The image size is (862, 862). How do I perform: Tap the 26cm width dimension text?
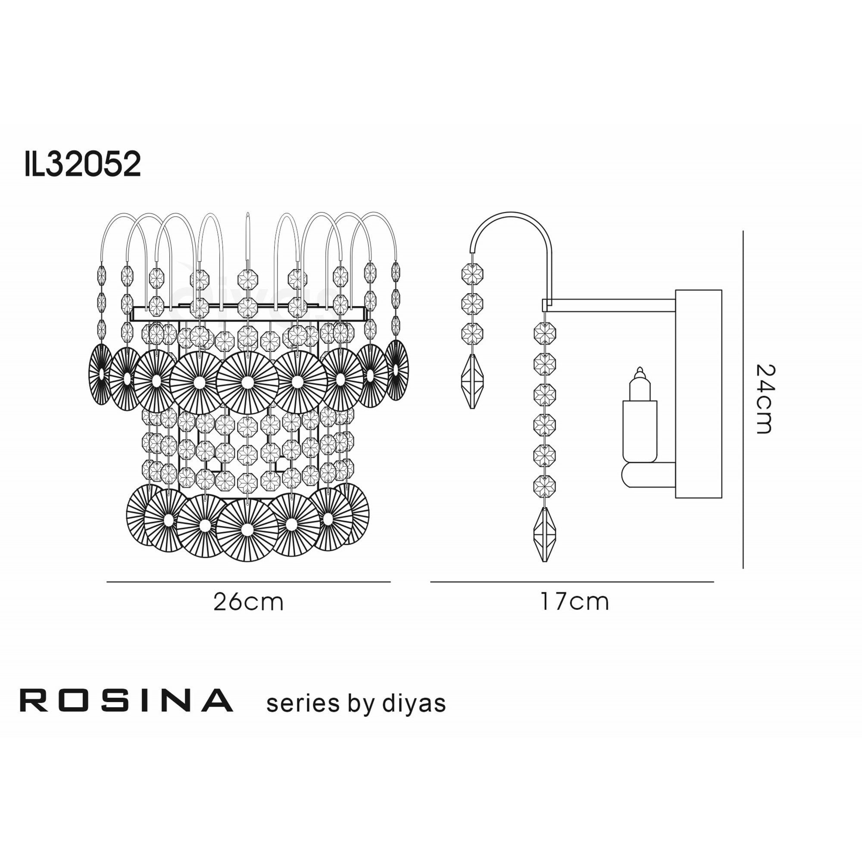[248, 602]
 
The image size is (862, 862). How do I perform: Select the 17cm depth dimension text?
[574, 601]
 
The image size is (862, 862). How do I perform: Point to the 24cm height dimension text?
[765, 400]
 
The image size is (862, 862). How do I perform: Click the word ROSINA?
[126, 700]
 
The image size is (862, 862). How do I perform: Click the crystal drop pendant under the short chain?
[472, 381]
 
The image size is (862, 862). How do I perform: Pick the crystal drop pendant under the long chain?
[544, 534]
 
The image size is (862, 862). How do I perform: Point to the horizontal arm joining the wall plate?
[611, 305]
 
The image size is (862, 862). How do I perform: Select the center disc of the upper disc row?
[247, 382]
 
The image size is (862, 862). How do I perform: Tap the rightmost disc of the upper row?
[396, 370]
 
